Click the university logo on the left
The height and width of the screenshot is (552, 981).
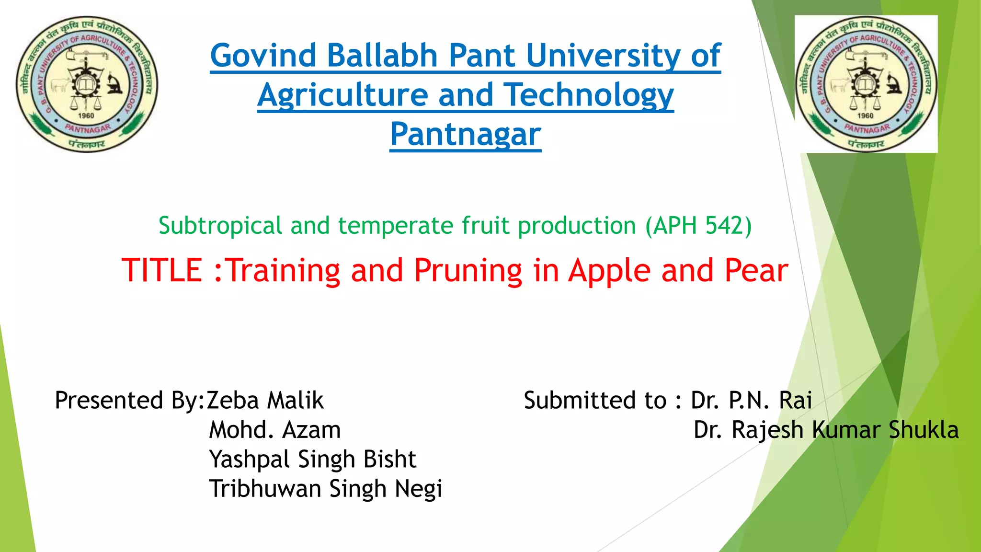[87, 84]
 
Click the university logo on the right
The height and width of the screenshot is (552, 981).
[866, 84]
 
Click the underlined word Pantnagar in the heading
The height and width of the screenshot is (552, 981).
[465, 134]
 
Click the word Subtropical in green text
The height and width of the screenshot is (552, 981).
[220, 225]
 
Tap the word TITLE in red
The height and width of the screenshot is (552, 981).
[162, 270]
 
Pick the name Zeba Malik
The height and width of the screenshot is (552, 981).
[265, 401]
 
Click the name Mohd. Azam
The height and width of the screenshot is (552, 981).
[274, 430]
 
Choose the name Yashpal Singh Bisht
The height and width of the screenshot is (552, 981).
[312, 460]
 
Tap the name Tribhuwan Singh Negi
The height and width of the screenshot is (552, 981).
[325, 489]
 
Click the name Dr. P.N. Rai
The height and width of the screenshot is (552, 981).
[751, 401]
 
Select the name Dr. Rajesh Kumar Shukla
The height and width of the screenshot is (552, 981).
[826, 430]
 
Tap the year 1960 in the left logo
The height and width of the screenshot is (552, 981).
[86, 115]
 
